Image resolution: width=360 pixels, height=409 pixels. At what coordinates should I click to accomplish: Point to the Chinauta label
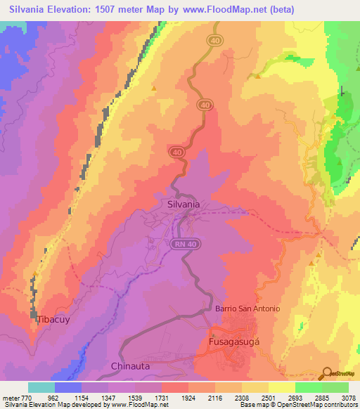[x=131, y=366]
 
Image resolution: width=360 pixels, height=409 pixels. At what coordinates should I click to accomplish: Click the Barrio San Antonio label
[x=247, y=309]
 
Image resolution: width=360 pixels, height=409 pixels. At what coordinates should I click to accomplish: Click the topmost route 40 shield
[x=214, y=41]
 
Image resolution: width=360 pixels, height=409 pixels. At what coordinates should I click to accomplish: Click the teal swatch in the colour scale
[x=41, y=387]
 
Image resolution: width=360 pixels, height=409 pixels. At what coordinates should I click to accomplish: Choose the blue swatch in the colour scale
[x=67, y=387]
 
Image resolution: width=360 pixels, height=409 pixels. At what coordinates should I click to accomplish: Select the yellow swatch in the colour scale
[x=281, y=387]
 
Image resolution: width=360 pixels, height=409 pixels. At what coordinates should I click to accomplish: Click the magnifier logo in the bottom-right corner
[x=326, y=374]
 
